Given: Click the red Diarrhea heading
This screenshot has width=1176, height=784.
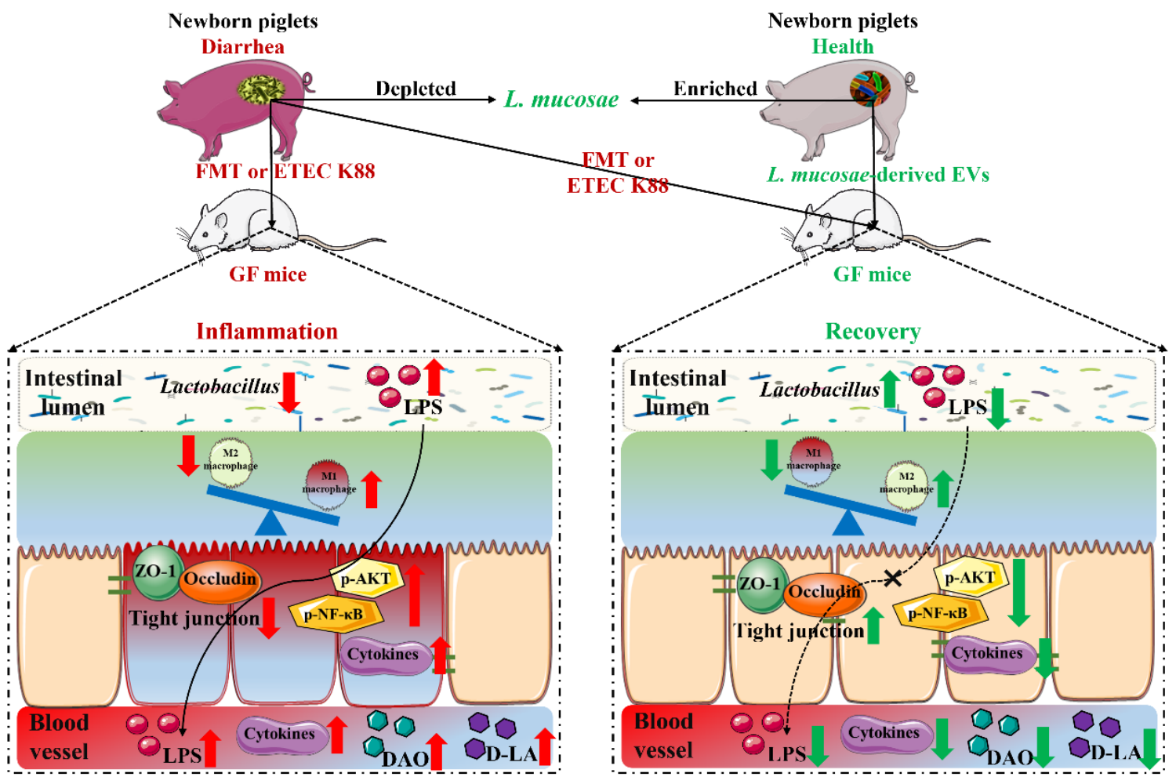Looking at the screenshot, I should [242, 47].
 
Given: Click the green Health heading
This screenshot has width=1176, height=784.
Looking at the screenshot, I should [842, 47].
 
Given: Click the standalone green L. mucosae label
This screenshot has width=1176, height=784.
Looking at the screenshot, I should [561, 100].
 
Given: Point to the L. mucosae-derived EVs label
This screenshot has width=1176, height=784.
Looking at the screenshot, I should [878, 175].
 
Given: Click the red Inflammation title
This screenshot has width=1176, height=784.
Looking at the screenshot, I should [267, 332].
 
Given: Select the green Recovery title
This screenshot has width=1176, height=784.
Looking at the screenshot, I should [873, 332].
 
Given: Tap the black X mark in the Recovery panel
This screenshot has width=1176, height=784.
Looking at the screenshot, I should [892, 579].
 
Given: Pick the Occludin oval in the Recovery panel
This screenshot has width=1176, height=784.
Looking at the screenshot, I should [823, 593].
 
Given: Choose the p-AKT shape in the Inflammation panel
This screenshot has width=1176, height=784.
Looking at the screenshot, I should [366, 579].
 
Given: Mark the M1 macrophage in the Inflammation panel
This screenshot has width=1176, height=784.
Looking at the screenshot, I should [329, 481].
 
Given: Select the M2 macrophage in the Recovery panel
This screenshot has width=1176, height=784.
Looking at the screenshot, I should [906, 482].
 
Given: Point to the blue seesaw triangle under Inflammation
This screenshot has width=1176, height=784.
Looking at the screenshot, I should [271, 524].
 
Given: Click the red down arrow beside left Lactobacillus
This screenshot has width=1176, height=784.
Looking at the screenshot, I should [289, 392].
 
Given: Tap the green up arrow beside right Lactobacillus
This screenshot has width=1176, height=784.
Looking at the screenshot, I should [890, 389].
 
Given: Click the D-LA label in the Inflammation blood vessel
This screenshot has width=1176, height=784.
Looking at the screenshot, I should [511, 754].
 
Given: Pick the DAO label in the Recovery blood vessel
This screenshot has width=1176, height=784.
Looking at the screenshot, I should [1009, 757].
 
